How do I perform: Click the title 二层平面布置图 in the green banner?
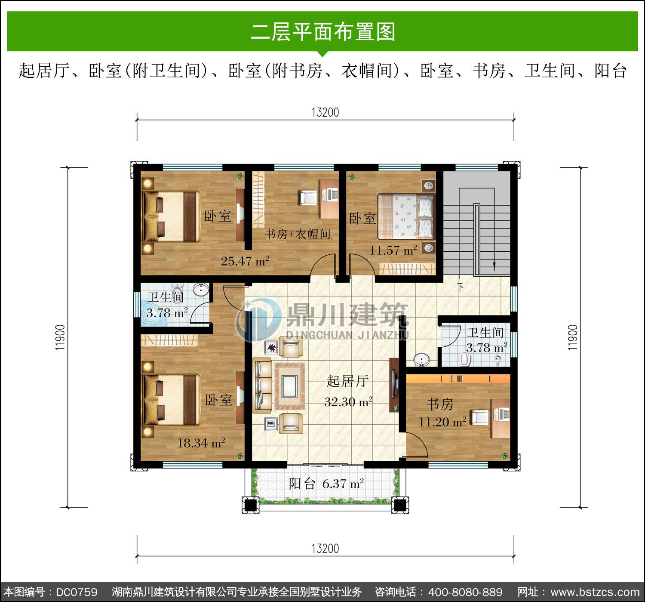[323, 32]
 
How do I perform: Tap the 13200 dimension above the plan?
[325, 112]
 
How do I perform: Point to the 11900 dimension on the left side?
[60, 337]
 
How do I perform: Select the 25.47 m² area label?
[245, 261]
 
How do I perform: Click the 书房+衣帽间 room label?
[298, 234]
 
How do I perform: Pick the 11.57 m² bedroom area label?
[393, 250]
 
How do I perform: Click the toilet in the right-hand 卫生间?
[465, 359]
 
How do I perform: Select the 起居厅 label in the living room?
[347, 381]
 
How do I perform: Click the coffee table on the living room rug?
[289, 386]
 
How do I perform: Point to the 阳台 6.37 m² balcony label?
[326, 484]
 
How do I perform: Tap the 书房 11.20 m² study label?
[442, 413]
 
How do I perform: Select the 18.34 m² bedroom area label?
[201, 443]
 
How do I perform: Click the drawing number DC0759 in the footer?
[77, 592]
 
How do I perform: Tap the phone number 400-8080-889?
[465, 592]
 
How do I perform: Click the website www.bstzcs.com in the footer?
[595, 592]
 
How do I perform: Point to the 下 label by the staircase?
[460, 287]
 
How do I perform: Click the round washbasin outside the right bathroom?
[421, 359]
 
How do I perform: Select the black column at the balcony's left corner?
[250, 505]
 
